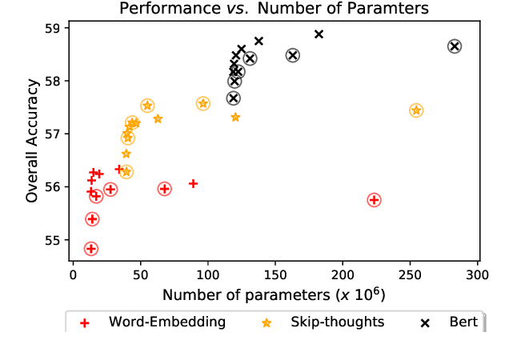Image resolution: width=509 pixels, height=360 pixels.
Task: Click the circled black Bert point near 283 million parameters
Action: (455, 46)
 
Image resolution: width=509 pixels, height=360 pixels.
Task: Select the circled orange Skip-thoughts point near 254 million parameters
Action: (415, 110)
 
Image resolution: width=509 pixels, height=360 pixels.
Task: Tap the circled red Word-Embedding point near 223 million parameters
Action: (374, 199)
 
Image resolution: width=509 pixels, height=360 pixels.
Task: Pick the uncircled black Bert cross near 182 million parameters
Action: (319, 34)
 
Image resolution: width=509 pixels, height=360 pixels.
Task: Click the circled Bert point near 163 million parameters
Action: (292, 55)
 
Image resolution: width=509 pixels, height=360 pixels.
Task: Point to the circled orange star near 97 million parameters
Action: (202, 103)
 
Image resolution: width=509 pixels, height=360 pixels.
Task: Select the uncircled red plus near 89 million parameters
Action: (193, 183)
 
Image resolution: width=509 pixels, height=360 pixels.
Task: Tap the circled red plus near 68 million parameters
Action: (164, 189)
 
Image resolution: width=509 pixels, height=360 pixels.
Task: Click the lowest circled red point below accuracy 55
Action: (90, 249)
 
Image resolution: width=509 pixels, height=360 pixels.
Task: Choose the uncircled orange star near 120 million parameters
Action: (235, 117)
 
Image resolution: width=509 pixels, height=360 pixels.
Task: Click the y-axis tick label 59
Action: (54, 28)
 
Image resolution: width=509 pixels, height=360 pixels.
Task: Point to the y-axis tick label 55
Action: (54, 240)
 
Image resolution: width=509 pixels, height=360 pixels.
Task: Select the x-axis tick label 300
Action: (478, 276)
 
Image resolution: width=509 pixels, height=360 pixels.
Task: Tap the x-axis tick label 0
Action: (72, 276)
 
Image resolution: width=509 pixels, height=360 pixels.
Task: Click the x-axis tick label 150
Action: (275, 276)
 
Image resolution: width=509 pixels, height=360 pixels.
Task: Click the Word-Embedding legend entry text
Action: (167, 322)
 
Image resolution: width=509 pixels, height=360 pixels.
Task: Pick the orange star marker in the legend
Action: (267, 322)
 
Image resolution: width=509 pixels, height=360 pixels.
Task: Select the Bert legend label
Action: (463, 322)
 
